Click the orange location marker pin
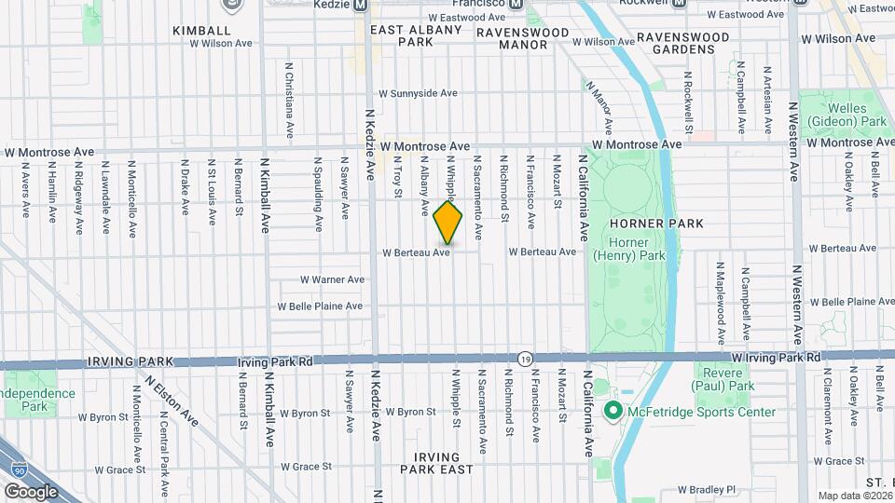[447, 224]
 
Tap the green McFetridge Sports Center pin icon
[613, 411]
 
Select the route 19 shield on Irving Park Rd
[525, 359]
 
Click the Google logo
[31, 491]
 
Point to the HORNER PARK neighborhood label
[656, 224]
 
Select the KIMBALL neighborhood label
[201, 31]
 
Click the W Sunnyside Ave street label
[419, 94]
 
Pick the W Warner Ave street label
[332, 279]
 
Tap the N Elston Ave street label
[172, 401]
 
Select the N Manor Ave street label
[599, 105]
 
